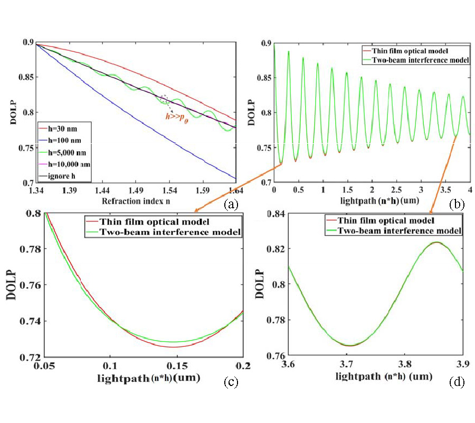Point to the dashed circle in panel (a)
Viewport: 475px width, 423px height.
click(164, 99)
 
